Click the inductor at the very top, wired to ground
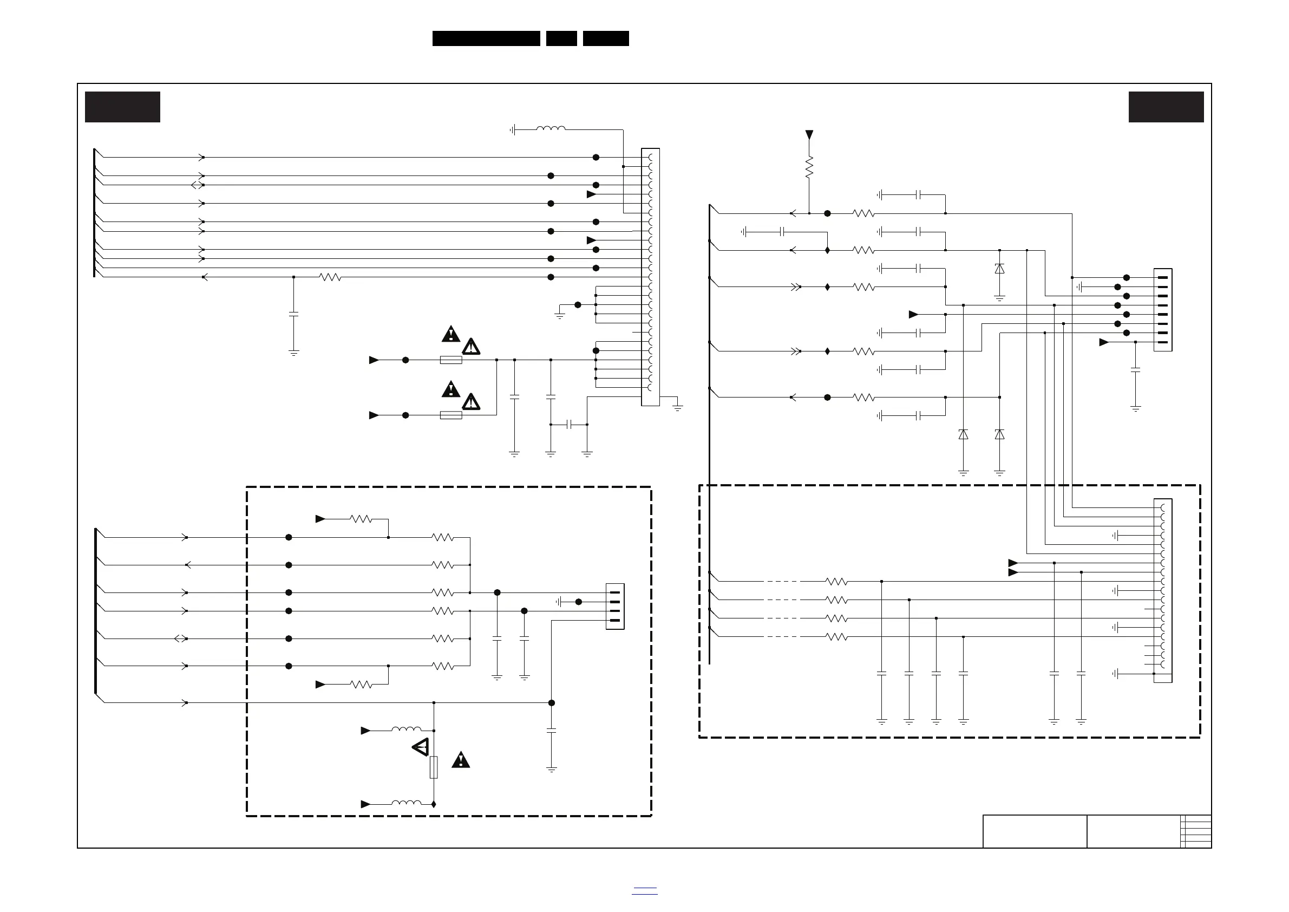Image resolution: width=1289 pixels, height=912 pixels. click(x=551, y=129)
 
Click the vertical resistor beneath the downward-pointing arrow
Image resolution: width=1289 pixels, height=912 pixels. click(x=809, y=167)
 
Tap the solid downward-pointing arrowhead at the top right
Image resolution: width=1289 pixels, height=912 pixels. click(x=809, y=135)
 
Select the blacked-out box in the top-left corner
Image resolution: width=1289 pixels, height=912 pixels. click(x=122, y=107)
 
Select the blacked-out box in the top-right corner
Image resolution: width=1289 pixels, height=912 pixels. click(x=1166, y=107)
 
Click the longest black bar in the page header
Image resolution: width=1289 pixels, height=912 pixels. click(x=486, y=38)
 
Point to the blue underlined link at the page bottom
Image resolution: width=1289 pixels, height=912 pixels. click(x=644, y=891)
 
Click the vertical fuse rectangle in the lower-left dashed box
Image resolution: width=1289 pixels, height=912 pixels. click(x=434, y=767)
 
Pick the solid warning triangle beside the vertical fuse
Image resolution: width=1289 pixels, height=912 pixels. click(x=460, y=760)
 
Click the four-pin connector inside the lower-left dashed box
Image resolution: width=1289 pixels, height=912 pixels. click(x=616, y=607)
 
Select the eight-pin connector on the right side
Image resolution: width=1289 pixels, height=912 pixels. click(x=1163, y=310)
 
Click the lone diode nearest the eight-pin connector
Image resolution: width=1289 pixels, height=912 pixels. click(x=999, y=269)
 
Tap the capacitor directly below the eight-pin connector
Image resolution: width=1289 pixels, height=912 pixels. click(x=1135, y=370)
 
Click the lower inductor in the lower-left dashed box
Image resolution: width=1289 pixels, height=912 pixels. click(x=407, y=804)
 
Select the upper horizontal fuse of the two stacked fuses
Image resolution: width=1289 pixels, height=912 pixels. click(x=451, y=360)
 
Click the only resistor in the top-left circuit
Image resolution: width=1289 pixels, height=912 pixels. click(x=330, y=277)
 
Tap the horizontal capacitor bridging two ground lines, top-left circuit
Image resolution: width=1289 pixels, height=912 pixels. click(x=570, y=425)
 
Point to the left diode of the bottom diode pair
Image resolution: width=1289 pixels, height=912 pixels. click(x=964, y=434)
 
